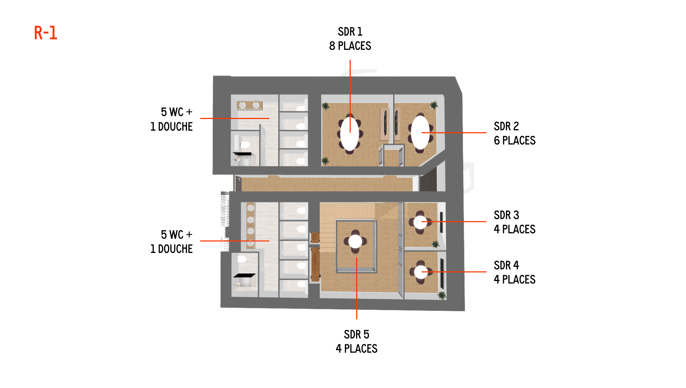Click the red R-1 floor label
coord(46,33)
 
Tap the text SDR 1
coord(350,32)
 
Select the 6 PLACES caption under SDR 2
coord(514,140)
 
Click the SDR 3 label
coord(506,215)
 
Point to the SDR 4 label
coord(506,265)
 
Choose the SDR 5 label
coord(356,334)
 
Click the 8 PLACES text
coord(350,46)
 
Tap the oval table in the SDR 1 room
coord(350,134)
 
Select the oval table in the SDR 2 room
coord(420,132)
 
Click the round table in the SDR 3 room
coord(420,222)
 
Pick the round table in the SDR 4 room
coord(421,272)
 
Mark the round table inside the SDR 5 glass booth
coord(355,241)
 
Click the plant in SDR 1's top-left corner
coord(326,106)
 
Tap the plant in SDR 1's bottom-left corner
coord(325,161)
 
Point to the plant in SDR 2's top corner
coord(434,105)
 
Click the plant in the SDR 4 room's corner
coord(442,295)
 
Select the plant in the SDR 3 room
coord(435,244)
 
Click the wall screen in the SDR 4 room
coord(442,273)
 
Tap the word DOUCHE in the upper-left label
coord(175,127)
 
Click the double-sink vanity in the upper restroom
coord(250,105)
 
